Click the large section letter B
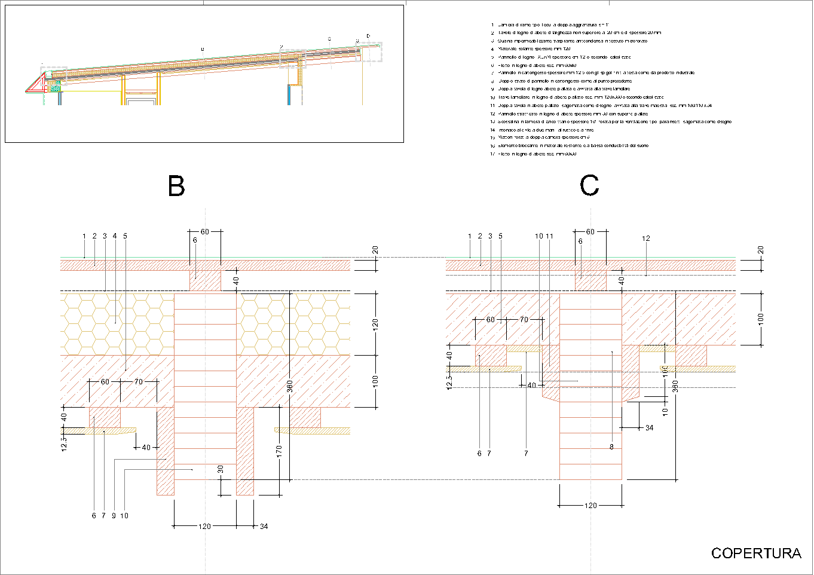pos(176,186)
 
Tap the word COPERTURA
pos(756,553)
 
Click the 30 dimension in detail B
pos(221,470)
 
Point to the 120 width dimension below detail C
pos(590,506)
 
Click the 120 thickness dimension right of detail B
pos(375,323)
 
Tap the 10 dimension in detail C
pos(665,411)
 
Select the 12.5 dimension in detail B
pos(64,444)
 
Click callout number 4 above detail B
pos(115,236)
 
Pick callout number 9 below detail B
pos(114,516)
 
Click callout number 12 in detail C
pos(646,238)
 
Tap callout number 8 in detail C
pos(611,446)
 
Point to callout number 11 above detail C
pos(550,236)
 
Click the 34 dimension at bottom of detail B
pos(264,527)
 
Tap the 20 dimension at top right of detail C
pos(760,250)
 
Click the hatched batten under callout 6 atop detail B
pos(205,280)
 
